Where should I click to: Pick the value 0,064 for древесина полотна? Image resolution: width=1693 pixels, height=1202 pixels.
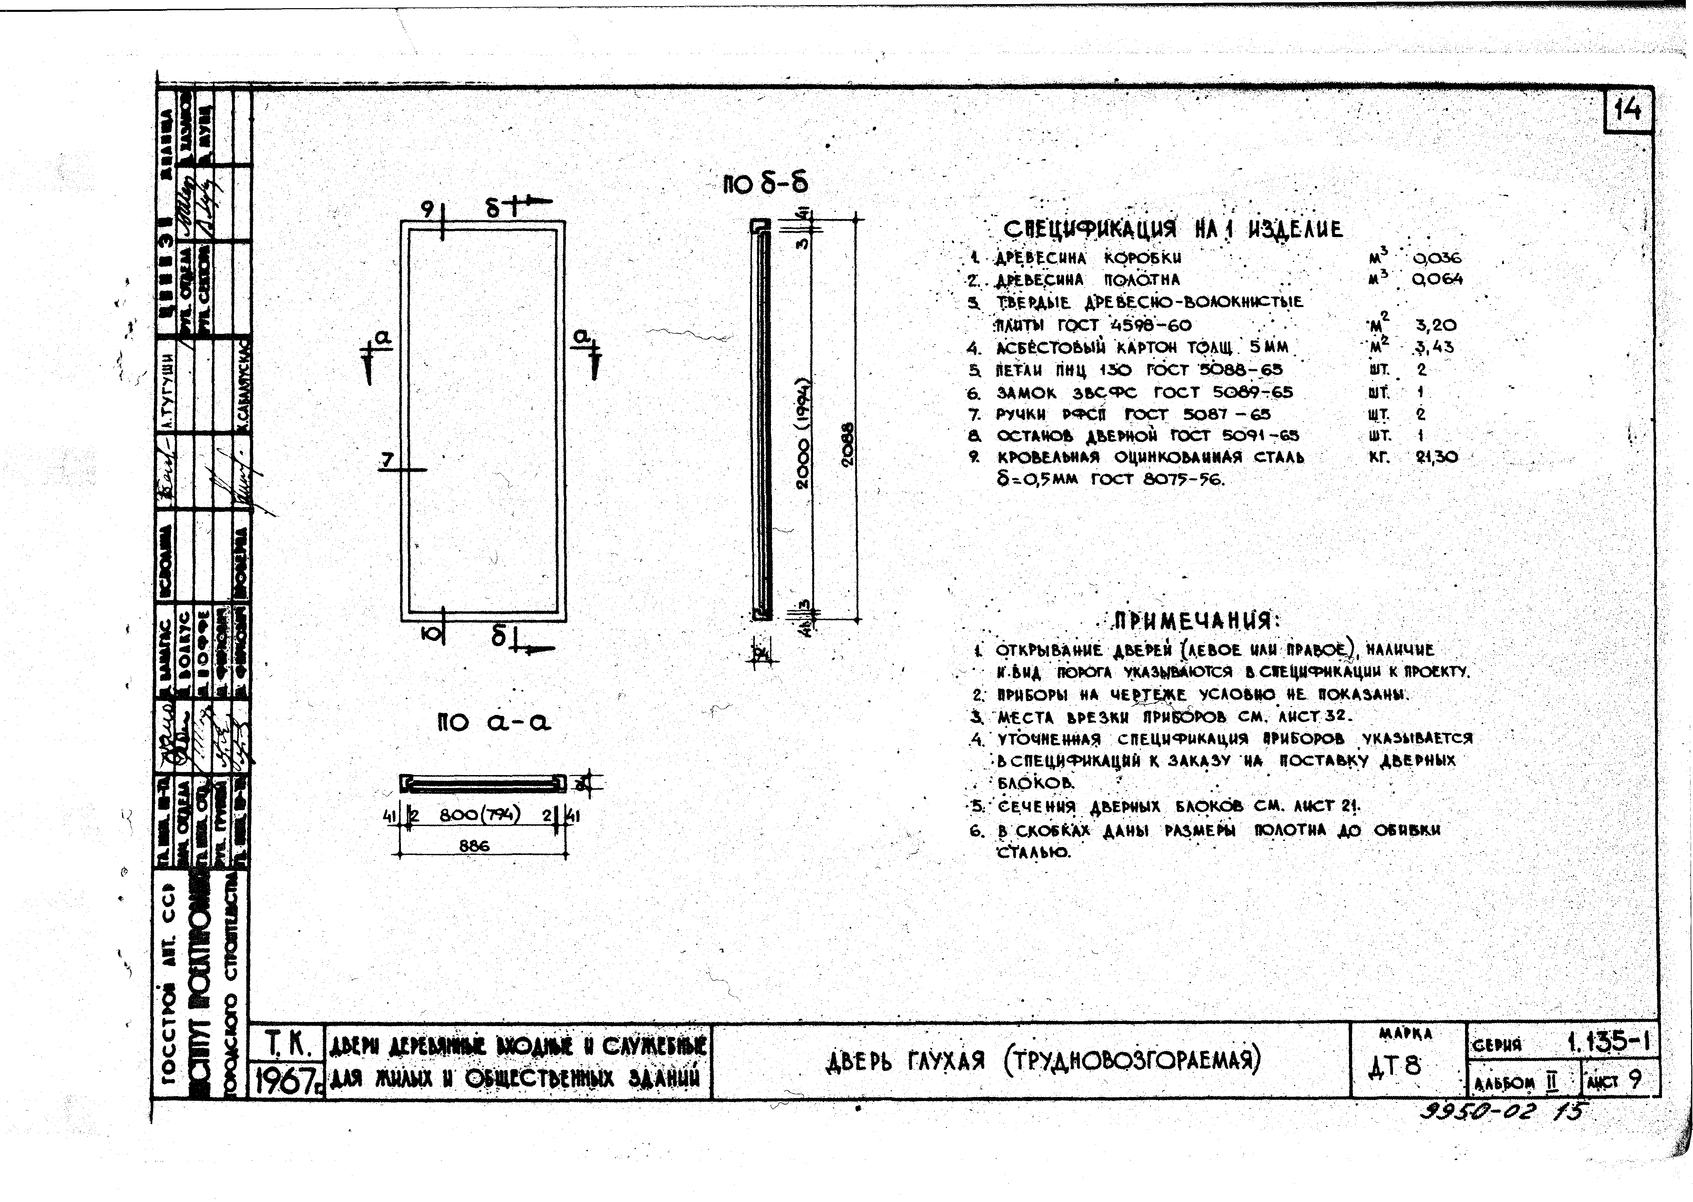pyautogui.click(x=1437, y=280)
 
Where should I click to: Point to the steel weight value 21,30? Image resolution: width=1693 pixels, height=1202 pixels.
pyautogui.click(x=1436, y=457)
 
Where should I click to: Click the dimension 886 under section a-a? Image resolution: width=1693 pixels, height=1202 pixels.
pyautogui.click(x=474, y=845)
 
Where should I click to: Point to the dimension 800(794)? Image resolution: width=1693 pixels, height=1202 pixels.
pyautogui.click(x=480, y=815)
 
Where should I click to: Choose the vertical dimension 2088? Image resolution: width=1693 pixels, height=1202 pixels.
pyautogui.click(x=848, y=443)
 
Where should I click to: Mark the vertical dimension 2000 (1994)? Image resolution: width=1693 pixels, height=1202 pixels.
pyautogui.click(x=803, y=435)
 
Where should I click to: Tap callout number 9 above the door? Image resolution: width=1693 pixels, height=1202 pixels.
pyautogui.click(x=427, y=210)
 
